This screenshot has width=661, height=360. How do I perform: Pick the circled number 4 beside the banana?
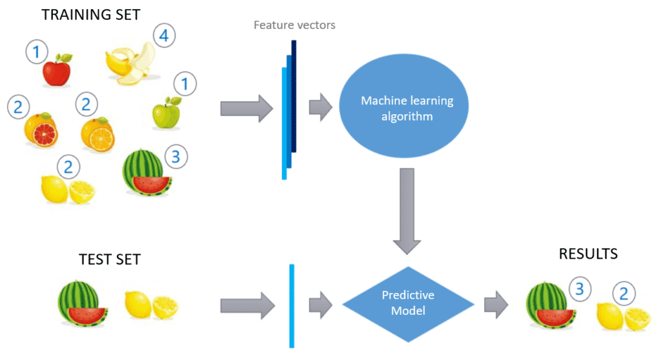click(x=164, y=37)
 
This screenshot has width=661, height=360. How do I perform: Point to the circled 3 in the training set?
click(x=176, y=155)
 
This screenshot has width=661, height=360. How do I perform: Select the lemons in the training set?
click(x=68, y=189)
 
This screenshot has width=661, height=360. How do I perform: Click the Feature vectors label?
click(x=294, y=26)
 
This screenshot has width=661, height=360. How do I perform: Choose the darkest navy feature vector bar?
click(x=294, y=97)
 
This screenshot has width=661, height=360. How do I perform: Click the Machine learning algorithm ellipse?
click(x=407, y=108)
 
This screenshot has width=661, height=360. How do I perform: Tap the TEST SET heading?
click(x=109, y=260)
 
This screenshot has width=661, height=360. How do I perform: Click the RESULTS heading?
click(x=587, y=254)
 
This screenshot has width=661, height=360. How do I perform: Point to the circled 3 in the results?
click(x=580, y=289)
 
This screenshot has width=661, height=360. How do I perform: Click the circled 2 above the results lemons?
click(x=623, y=294)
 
